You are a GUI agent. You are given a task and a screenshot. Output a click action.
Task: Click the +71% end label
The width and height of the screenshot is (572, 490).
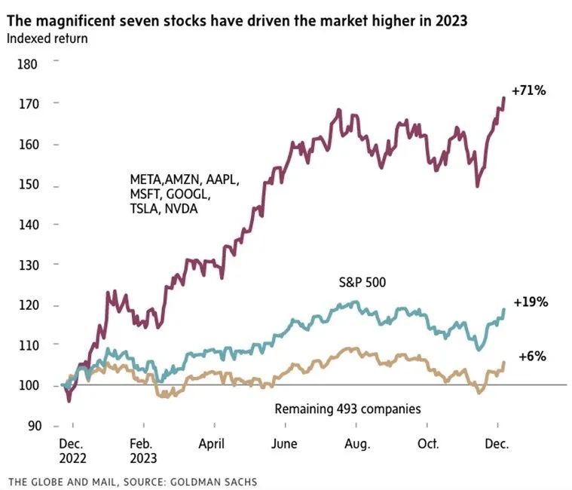528,91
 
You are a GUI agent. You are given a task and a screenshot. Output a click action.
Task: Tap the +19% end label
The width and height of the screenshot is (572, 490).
530,302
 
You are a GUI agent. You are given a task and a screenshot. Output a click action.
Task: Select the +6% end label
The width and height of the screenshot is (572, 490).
533,356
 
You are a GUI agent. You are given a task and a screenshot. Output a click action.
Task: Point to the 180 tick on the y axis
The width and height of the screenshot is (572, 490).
27,64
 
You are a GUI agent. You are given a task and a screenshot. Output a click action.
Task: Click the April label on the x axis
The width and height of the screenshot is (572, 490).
212,445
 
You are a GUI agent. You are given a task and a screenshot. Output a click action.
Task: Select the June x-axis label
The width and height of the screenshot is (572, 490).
283,445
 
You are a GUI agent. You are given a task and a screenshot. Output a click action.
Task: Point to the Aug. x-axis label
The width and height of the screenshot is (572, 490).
356,445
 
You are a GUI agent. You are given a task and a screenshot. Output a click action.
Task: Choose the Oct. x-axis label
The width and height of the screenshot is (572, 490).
428,445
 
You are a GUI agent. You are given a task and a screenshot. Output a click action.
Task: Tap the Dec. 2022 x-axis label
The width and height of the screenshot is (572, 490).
73,452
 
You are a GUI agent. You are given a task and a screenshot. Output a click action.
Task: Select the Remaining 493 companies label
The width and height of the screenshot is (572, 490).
347,409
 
